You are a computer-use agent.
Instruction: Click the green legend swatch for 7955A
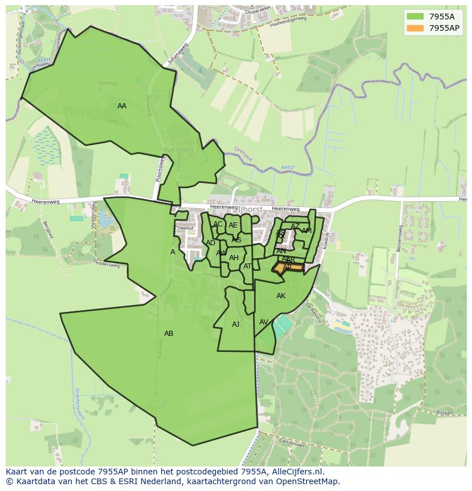416,16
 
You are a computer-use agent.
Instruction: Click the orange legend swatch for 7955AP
416,27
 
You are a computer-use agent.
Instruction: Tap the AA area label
122,106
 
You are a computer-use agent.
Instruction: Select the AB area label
169,334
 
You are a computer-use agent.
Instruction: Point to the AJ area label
236,324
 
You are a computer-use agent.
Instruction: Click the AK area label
281,296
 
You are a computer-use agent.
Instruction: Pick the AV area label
264,322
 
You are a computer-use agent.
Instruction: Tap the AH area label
234,258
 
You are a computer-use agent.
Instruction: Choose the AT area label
247,266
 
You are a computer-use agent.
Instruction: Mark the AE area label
233,225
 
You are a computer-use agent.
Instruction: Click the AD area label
211,243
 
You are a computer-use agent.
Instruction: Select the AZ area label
295,226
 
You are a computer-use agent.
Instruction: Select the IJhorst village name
250,210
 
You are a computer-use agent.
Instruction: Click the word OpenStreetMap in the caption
310,481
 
